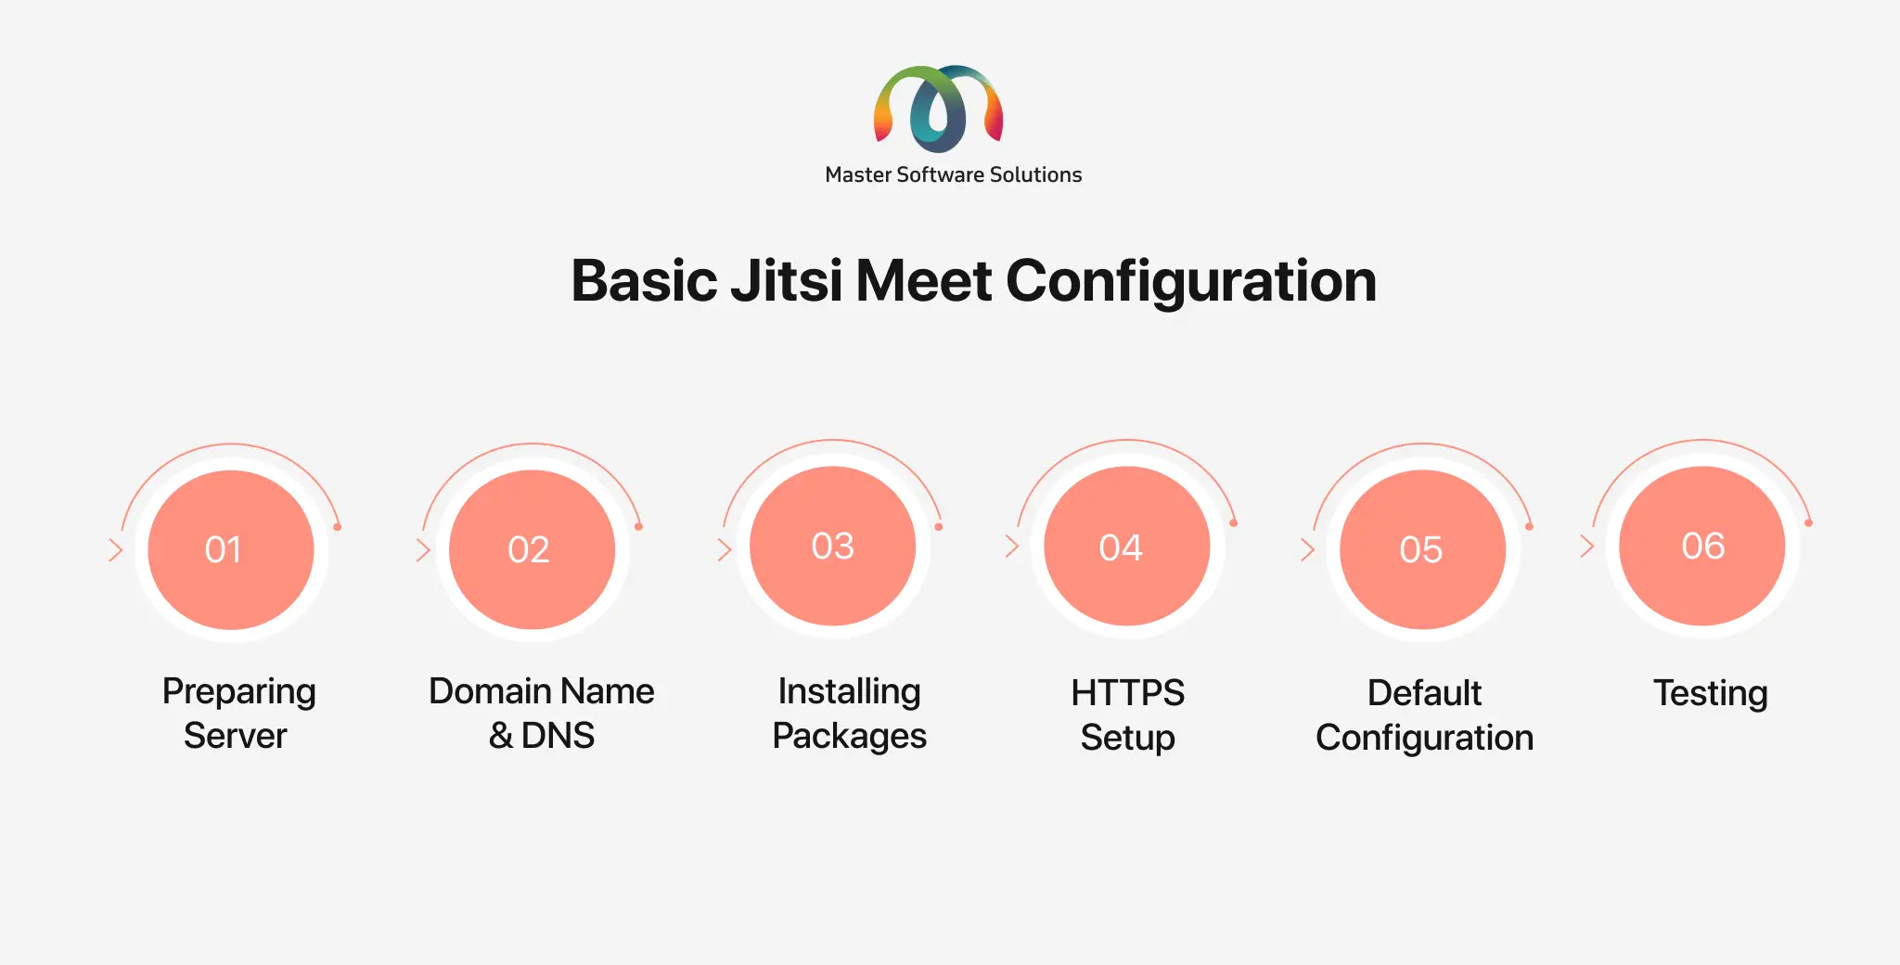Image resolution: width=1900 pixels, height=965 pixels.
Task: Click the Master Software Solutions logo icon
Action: click(x=938, y=108)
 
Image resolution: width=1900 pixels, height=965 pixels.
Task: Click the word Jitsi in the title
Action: click(x=787, y=280)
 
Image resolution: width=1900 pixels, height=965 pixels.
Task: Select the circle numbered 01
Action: click(x=231, y=549)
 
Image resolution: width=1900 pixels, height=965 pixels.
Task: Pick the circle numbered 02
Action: click(x=532, y=549)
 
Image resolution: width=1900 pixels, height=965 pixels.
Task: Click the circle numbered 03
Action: click(x=832, y=546)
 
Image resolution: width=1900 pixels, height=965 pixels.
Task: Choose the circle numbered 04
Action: click(x=1127, y=546)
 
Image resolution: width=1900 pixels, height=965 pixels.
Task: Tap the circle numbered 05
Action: click(x=1423, y=549)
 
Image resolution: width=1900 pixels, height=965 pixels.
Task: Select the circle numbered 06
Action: click(x=1702, y=546)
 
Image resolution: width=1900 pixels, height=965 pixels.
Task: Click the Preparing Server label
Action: click(x=238, y=714)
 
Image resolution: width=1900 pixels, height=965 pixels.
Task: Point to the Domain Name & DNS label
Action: click(x=542, y=714)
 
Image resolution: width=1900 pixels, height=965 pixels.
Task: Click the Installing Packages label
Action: click(x=850, y=714)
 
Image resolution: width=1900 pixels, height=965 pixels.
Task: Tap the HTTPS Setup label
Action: click(x=1128, y=715)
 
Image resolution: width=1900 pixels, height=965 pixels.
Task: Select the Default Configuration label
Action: click(x=1425, y=715)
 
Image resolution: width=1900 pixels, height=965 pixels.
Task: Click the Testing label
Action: click(x=1711, y=694)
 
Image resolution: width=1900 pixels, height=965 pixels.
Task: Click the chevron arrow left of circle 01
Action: click(x=116, y=549)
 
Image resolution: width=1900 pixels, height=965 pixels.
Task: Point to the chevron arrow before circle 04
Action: click(x=1012, y=546)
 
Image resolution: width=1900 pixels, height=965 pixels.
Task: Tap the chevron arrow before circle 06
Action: click(x=1587, y=546)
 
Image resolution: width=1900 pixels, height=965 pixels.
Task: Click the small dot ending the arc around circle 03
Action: click(x=939, y=527)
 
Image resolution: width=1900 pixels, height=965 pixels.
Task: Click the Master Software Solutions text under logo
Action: click(x=954, y=174)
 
